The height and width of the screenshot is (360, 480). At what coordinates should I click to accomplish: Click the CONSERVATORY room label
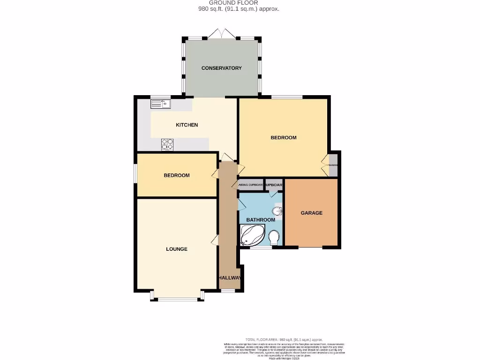tap(221, 68)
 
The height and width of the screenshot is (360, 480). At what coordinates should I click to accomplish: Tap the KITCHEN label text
tap(187, 125)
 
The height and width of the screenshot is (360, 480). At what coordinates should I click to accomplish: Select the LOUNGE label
tap(176, 249)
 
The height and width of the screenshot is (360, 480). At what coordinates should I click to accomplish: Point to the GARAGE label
tap(311, 213)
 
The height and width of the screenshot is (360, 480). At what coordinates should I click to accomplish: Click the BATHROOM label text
tap(261, 220)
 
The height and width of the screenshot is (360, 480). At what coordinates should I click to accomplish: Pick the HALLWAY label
tap(230, 278)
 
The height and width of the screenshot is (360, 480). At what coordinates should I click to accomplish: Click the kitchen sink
tap(161, 103)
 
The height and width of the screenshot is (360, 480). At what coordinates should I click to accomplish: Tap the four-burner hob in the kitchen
tap(167, 144)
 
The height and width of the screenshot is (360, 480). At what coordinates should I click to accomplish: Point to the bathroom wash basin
tap(278, 211)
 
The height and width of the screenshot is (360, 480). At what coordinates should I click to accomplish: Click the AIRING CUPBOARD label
tap(251, 185)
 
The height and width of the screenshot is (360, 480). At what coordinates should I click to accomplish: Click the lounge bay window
tap(177, 298)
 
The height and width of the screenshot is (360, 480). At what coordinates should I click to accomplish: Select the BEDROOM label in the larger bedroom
tap(284, 137)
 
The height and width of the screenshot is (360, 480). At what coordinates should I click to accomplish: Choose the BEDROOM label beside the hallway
tap(176, 175)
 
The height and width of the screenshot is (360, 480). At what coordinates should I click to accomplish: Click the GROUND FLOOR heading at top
tap(240, 3)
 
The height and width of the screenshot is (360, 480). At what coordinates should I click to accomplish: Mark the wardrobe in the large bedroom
tap(332, 165)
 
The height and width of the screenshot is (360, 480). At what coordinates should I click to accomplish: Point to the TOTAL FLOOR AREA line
tap(284, 339)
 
